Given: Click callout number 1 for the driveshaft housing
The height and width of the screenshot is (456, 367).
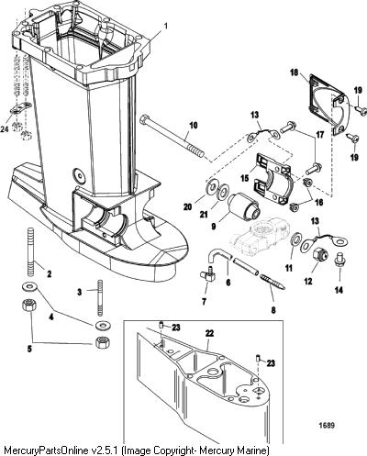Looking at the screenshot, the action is (x=166, y=26).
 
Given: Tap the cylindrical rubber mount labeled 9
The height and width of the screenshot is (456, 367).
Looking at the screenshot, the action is (x=245, y=206).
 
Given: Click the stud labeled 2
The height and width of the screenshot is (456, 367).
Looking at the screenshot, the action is (x=31, y=248).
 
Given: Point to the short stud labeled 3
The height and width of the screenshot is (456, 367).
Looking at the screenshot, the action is (x=100, y=297).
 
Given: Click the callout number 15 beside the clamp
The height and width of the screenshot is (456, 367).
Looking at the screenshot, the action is (x=245, y=178).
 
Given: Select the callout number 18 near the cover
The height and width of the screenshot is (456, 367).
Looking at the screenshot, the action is (x=295, y=73).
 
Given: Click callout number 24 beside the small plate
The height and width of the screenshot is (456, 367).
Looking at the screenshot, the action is (x=5, y=129).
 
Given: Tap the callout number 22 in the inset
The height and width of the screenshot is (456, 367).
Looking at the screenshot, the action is (x=209, y=333).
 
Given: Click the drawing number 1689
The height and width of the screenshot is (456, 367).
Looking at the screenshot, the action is (x=327, y=425).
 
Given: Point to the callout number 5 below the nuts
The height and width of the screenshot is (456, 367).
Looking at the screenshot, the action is (x=29, y=349).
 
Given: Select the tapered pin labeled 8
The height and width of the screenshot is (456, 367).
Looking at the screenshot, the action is (x=272, y=282).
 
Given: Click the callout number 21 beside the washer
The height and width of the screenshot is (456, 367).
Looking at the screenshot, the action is (x=204, y=215).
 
